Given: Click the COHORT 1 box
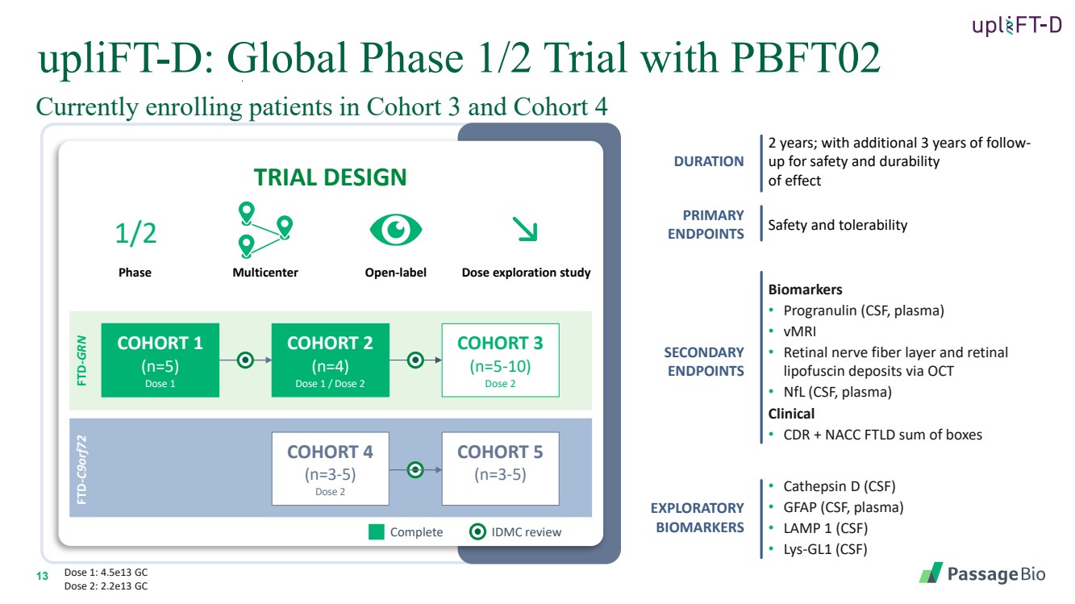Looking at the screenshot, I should click(x=160, y=360).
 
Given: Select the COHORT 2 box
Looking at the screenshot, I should click(x=330, y=360).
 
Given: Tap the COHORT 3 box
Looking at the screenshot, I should click(x=500, y=360).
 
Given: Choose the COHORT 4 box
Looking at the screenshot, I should click(x=330, y=469).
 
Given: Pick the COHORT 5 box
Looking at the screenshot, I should click(x=500, y=469).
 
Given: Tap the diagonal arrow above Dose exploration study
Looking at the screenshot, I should click(x=526, y=231).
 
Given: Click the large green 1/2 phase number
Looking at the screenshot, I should click(x=135, y=233).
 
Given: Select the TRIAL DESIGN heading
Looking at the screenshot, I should click(x=330, y=177).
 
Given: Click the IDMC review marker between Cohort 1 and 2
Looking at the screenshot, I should click(x=246, y=360).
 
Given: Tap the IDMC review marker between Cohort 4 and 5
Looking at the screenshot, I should click(x=415, y=469).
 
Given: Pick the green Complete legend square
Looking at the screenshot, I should click(x=377, y=531).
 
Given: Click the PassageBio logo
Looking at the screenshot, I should click(x=982, y=573).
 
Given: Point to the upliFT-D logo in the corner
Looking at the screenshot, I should click(x=1016, y=26).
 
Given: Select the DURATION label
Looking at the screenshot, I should click(x=709, y=161).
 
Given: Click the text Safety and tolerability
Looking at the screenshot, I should click(x=837, y=225).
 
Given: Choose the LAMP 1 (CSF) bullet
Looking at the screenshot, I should click(x=825, y=529).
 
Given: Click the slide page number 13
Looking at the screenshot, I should click(x=43, y=575).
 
